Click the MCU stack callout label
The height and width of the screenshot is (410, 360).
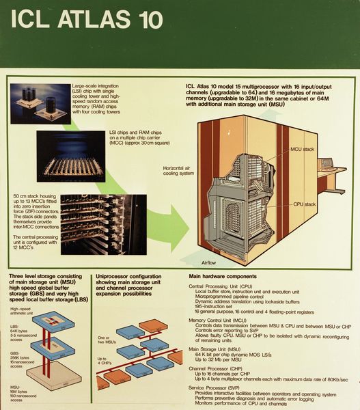click(302, 148)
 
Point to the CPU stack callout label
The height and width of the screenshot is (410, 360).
click(303, 204)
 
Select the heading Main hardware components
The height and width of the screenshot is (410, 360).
click(223, 275)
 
